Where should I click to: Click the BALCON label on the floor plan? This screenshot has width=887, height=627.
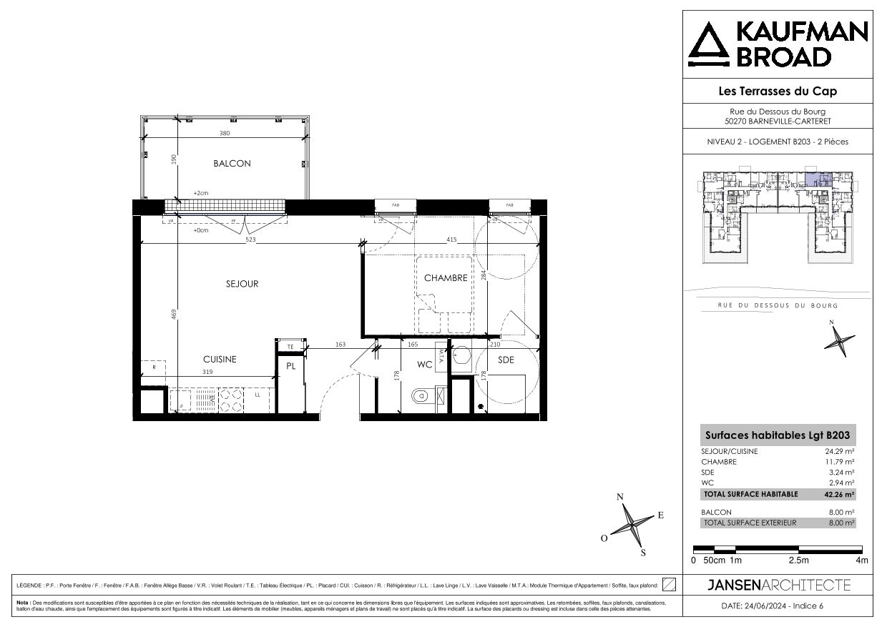tap(232, 164)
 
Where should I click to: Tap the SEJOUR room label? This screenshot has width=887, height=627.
tap(242, 284)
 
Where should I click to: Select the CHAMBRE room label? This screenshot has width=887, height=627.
tap(446, 278)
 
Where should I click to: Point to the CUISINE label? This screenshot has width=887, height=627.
tap(219, 360)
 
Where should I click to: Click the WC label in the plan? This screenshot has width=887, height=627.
tap(425, 365)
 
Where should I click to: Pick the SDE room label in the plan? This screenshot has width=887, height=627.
tap(506, 360)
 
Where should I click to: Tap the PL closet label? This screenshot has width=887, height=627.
tap(291, 366)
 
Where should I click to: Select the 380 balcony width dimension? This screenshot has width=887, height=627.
tap(225, 134)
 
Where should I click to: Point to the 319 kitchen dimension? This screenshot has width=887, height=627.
tap(208, 372)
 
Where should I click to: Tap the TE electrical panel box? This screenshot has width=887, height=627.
tap(290, 347)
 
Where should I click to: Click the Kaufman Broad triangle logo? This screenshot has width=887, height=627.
tap(709, 44)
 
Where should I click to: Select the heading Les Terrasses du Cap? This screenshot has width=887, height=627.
tap(777, 91)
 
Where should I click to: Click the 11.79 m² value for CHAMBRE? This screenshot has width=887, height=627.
tap(841, 462)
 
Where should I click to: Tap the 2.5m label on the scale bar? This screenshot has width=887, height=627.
tap(798, 561)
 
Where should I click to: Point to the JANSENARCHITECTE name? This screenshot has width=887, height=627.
tap(778, 586)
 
